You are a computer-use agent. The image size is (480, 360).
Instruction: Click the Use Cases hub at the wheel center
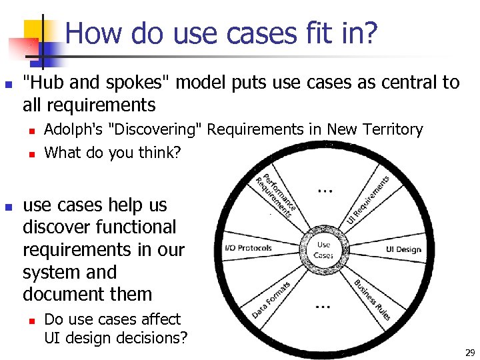point(323,249)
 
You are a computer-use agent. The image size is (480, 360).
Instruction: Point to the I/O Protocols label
point(249,249)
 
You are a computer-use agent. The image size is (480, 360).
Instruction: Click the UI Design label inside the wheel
point(403,249)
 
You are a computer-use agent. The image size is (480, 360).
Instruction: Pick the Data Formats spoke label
point(271,299)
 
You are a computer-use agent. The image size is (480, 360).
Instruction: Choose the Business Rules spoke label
point(372,300)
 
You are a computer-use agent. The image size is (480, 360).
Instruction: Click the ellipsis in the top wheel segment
point(325,191)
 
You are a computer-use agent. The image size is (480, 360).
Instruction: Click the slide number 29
point(469,351)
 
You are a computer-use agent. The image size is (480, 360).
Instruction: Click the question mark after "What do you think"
point(177,152)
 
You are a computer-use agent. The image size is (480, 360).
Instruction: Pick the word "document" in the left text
point(60,294)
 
